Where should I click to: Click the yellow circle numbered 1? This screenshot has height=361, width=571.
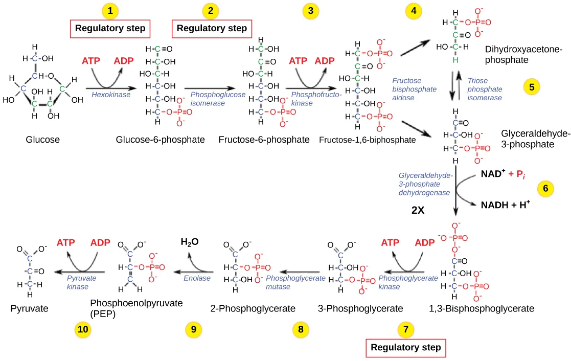pos(110,10)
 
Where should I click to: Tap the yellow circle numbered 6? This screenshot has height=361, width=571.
pos(545,189)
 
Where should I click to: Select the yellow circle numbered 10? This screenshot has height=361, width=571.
pos(83,330)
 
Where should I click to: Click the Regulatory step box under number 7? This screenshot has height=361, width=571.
pos(405,348)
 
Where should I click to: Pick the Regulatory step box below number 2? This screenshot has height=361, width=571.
pos(212,29)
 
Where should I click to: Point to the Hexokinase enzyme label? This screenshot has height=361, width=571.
pos(111,95)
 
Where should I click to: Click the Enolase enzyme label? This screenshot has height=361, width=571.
pos(197,278)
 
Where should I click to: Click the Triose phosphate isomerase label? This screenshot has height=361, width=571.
pos(485,89)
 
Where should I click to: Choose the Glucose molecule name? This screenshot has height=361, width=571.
pos(43,140)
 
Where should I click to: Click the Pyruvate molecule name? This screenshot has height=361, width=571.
pos(30,308)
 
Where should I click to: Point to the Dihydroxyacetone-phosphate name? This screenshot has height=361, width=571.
pos(523,54)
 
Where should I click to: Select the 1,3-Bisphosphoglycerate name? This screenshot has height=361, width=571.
pos(482,308)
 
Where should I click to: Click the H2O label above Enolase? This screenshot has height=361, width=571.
pos(190,242)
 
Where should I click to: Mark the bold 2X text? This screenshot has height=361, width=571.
pos(418,210)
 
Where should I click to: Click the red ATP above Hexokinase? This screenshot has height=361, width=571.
pos(91,61)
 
